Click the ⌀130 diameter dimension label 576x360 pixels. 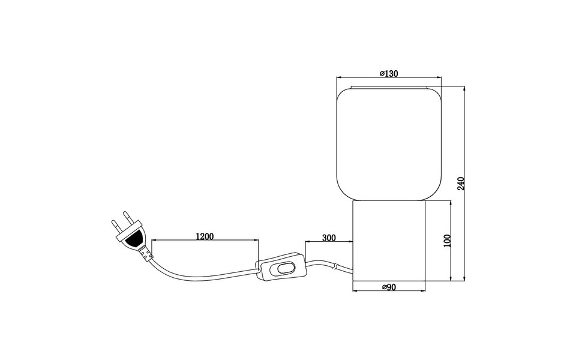pos(389,73)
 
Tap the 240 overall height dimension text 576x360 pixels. pos(461,182)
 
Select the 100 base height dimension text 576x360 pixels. pos(446,241)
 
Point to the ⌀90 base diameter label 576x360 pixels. pos(389,287)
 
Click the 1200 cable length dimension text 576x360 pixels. pos(205,236)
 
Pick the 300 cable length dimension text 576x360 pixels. pos(329,238)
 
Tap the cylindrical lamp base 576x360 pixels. pos(389,240)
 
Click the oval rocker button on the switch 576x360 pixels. pos(284,268)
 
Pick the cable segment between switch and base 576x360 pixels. pos(328,265)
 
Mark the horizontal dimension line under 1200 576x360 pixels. pos(205,241)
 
